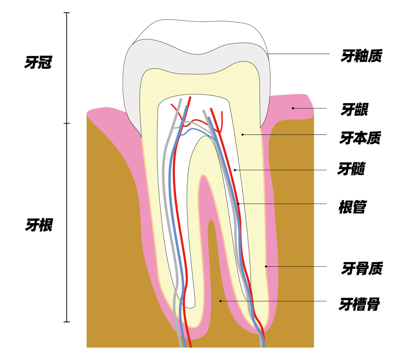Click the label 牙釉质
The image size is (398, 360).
[361, 56]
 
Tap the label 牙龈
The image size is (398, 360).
[354, 110]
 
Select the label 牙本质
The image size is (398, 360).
[360, 138]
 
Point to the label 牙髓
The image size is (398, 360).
[352, 169]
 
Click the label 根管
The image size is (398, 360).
[352, 207]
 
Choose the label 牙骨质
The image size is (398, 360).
[362, 269]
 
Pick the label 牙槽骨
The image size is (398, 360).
[359, 305]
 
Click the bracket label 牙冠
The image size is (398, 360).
[38, 63]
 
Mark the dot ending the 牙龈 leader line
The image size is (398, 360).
[293, 108]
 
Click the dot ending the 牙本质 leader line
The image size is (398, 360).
[242, 135]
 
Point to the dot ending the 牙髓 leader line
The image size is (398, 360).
[235, 170]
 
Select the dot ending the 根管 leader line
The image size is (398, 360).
[238, 204]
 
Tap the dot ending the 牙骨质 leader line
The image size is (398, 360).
[266, 266]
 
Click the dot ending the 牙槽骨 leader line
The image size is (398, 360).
[220, 301]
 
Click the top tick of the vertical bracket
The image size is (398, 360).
[67, 13]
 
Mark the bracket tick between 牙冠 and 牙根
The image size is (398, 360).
[67, 123]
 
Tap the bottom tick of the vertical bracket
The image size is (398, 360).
[67, 322]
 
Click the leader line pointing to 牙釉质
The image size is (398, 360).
[298, 54]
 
